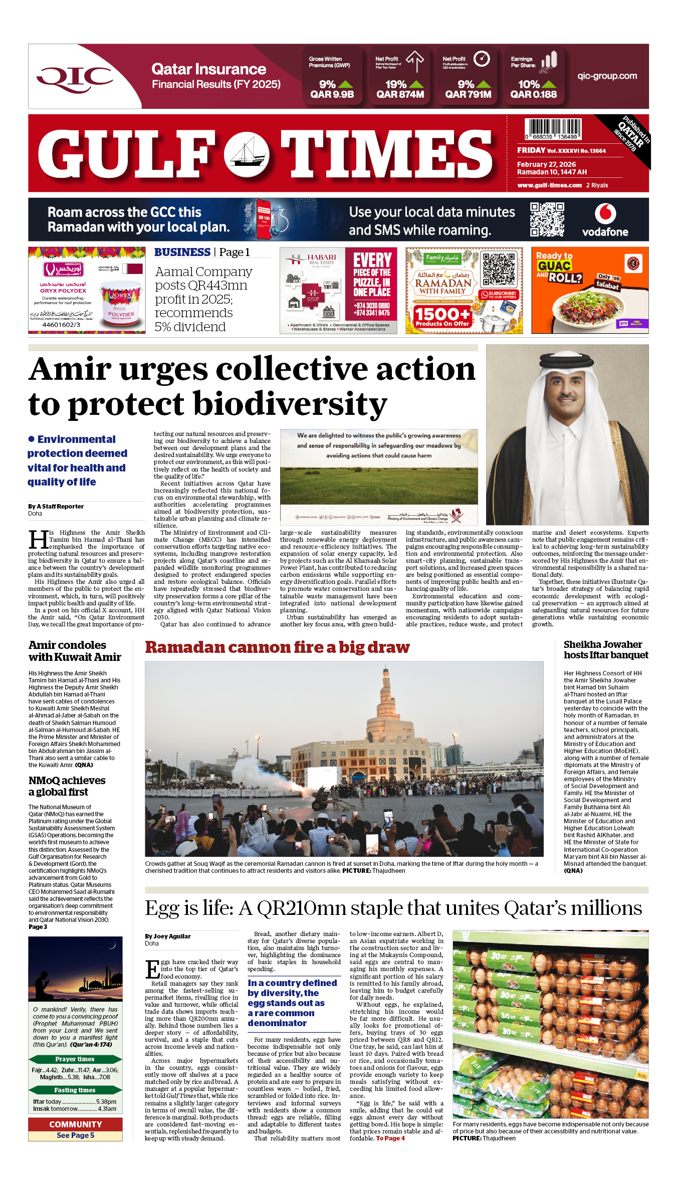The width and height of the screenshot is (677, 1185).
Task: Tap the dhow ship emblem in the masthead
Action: click(247, 153)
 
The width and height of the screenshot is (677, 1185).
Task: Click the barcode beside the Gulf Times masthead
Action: click(553, 129)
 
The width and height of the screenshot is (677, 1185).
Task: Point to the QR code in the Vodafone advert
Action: click(547, 219)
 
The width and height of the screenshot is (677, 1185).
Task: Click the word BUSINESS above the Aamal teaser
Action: click(182, 252)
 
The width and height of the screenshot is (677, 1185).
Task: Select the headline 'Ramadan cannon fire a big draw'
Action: click(277, 647)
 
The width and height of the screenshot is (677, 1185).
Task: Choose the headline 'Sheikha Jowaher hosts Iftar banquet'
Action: click(605, 650)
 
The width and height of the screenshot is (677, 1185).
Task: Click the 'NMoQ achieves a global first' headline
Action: click(67, 786)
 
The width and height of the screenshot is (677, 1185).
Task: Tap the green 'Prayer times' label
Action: click(75, 1059)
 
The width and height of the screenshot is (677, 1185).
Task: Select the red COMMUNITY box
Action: click(75, 1125)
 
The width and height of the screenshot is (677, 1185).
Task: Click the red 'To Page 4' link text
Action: click(390, 1138)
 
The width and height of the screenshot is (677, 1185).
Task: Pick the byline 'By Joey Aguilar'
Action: click(168, 936)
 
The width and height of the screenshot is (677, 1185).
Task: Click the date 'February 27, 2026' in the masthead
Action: click(546, 164)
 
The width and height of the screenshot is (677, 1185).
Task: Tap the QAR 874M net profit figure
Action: click(400, 94)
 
